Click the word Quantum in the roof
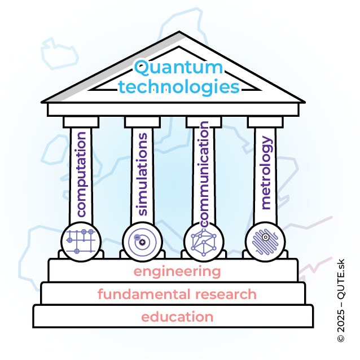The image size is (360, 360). [178, 69]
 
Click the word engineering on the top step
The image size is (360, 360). [177, 271]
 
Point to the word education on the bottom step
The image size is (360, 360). [177, 317]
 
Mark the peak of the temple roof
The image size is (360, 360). [179, 32]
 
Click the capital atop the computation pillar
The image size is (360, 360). [81, 121]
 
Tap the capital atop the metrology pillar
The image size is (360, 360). [265, 121]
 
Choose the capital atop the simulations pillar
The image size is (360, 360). [142, 121]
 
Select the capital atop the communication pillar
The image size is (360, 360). [204, 121]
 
